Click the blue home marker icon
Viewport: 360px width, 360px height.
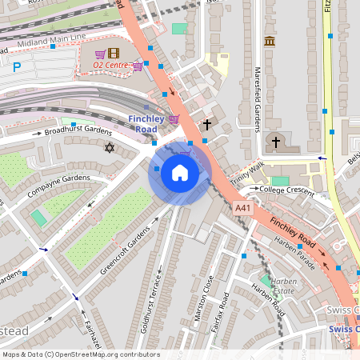(x=180, y=172)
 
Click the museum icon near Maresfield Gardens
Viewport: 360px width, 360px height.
(x=269, y=41)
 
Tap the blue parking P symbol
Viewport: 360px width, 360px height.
(x=17, y=68)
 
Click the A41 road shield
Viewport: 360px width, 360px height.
(x=243, y=207)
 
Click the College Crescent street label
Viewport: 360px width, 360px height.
(x=286, y=190)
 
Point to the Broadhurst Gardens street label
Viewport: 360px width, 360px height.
(x=77, y=130)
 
